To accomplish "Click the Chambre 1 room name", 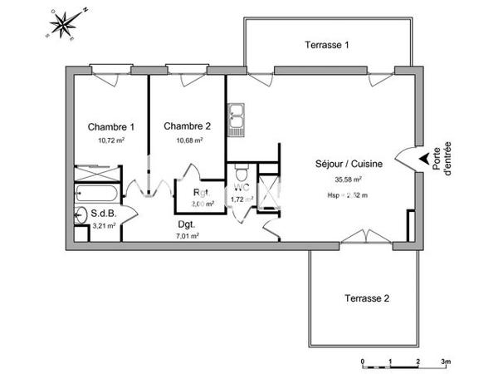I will (x=111, y=127).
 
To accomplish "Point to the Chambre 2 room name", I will (x=187, y=126).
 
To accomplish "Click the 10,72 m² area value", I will (x=111, y=140).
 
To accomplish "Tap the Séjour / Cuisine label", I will (x=349, y=165).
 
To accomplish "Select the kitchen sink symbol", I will (x=238, y=119).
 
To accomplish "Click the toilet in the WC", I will (x=241, y=176).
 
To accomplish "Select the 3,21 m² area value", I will (x=104, y=225).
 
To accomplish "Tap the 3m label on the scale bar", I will (x=445, y=362).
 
